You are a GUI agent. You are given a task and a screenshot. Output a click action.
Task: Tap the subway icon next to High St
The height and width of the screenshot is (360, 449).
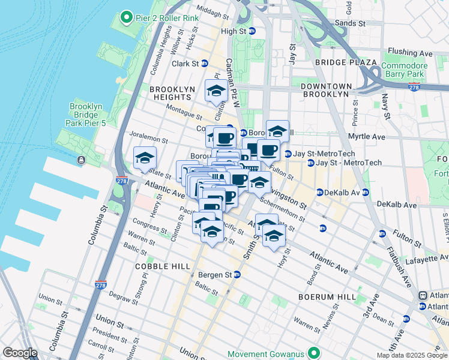coord(252,31)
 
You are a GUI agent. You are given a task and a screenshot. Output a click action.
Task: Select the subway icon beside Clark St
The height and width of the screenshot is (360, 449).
coord(204,64)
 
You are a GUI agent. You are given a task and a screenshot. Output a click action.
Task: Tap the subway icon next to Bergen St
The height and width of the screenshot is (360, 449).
coord(237,275)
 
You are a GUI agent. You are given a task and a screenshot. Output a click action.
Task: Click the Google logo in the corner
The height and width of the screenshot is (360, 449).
coord(20,353)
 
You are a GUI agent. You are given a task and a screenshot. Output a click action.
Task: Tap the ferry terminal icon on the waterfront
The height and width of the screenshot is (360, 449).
coord(80,160)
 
